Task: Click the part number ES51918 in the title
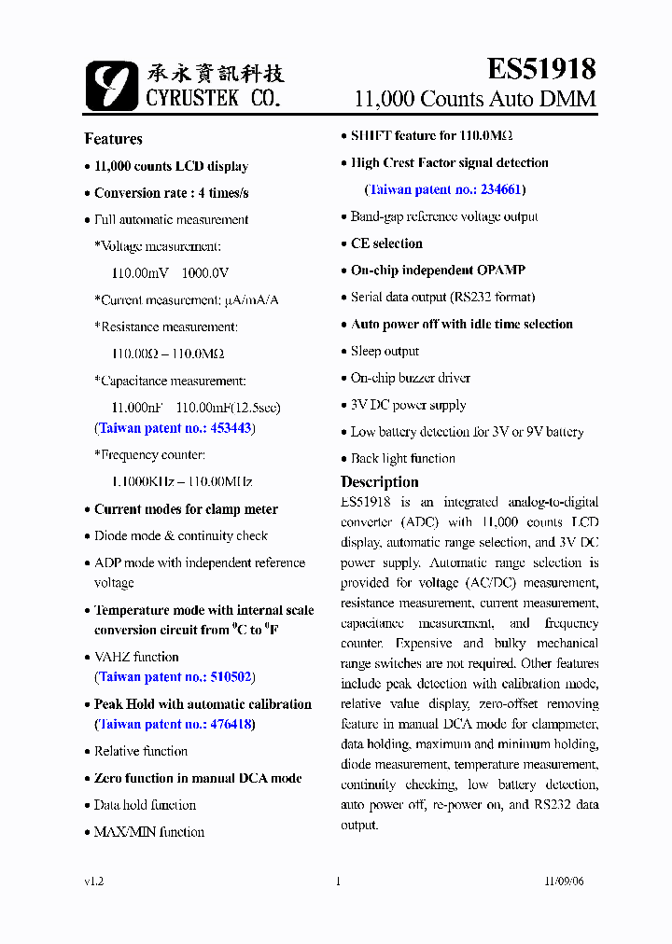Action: click(541, 69)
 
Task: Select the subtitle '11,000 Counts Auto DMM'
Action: click(475, 99)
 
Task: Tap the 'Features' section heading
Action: click(113, 139)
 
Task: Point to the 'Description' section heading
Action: click(379, 482)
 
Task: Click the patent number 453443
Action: click(231, 428)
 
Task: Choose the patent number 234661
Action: click(502, 189)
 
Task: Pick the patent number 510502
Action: click(231, 677)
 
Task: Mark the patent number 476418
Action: click(231, 724)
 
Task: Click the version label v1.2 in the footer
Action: click(93, 882)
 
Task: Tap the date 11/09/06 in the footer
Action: click(564, 882)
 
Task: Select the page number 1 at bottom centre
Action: click(337, 882)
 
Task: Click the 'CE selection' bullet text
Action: click(386, 243)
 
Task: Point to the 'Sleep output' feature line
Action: click(385, 352)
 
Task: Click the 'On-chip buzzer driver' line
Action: click(410, 378)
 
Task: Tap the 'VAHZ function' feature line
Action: click(136, 657)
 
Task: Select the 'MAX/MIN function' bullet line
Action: click(148, 832)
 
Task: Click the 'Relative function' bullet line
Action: click(140, 751)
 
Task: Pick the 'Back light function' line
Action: click(402, 459)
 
